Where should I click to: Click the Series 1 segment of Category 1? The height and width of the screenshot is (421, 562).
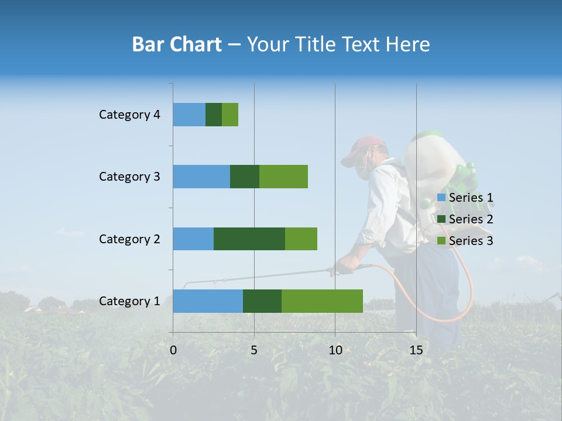coord(208,301)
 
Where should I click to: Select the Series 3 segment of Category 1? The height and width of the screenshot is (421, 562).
coord(322,301)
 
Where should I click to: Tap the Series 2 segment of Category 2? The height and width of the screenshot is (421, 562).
coord(249,239)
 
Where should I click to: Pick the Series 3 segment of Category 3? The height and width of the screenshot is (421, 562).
coord(283,177)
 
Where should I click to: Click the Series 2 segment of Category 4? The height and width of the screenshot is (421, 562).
coord(214,115)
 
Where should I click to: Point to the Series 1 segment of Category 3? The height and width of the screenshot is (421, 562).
coord(201,177)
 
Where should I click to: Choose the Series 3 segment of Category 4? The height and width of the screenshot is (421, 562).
coord(230,115)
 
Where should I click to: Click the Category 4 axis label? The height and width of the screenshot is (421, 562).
coord(129,115)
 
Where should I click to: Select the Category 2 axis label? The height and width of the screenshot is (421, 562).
coord(129,239)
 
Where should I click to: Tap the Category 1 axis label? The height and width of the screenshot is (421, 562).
coord(129,301)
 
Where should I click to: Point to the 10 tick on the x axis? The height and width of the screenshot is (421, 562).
coord(335,350)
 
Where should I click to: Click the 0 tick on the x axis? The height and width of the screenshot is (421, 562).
coord(173,350)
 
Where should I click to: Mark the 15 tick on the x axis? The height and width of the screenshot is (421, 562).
coord(416,350)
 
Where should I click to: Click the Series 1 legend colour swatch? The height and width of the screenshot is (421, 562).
coord(441,198)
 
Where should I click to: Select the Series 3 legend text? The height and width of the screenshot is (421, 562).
coord(471,241)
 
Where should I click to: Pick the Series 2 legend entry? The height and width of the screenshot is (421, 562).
coord(466,219)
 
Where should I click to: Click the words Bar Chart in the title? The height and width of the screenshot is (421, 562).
coord(177,44)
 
